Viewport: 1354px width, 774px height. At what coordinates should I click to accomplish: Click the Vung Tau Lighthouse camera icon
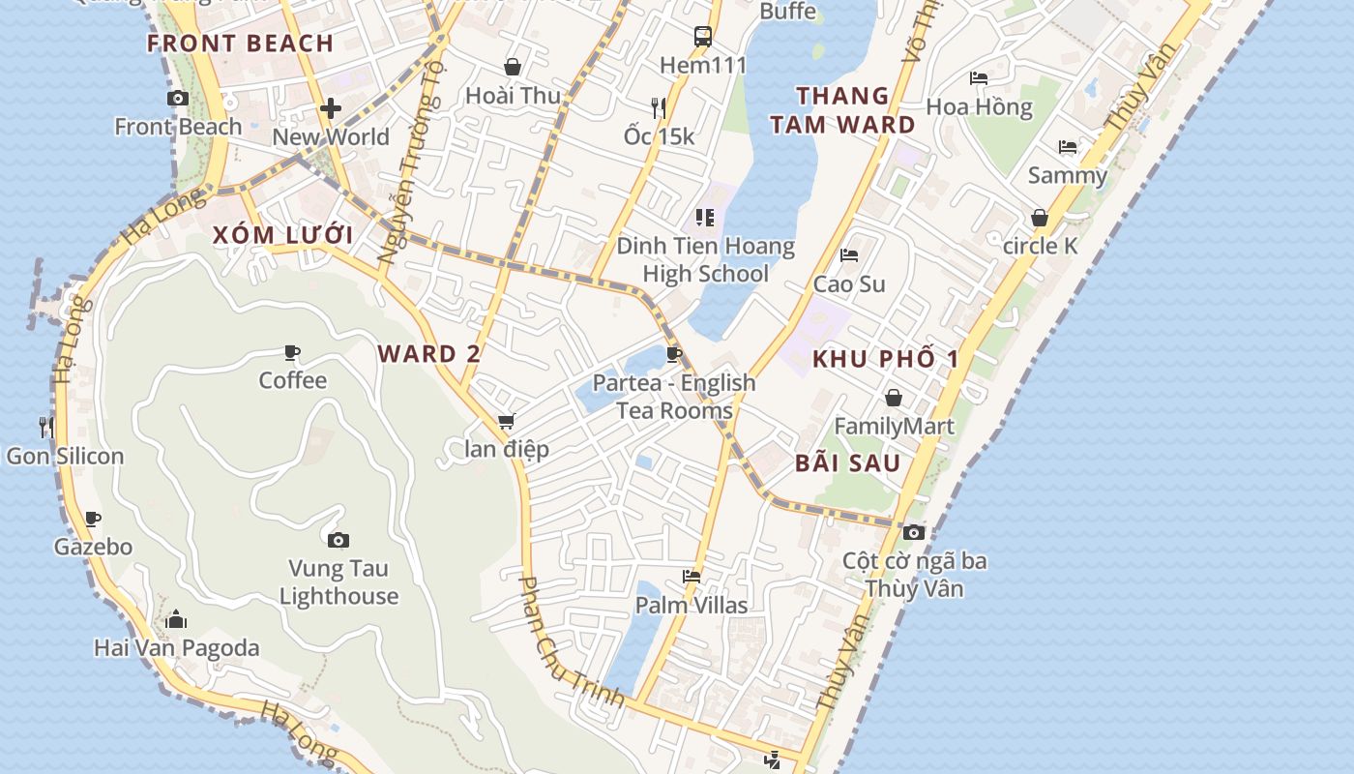(338, 540)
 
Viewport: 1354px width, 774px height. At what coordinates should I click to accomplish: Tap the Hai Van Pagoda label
(177, 647)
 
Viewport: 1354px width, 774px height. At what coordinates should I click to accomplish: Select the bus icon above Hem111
(703, 38)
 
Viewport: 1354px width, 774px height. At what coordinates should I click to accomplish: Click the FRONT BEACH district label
(241, 44)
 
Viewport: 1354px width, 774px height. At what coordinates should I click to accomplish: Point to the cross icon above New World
(331, 107)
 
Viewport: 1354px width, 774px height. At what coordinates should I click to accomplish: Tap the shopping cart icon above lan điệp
(506, 422)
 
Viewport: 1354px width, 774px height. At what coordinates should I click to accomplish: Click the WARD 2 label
(428, 354)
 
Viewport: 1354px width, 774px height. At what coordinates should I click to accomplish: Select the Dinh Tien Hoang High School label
(706, 260)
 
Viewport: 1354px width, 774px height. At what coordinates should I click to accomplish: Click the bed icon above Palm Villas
(692, 577)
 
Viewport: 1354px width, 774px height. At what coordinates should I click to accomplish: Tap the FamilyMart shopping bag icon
(894, 398)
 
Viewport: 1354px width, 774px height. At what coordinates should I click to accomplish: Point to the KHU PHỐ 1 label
(886, 360)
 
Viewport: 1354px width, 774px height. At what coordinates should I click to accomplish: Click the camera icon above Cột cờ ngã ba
(914, 532)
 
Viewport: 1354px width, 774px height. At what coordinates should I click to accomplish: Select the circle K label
(1040, 246)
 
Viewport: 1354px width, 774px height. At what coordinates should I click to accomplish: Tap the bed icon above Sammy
(1068, 147)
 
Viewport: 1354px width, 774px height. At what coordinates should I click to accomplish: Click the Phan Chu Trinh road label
(571, 642)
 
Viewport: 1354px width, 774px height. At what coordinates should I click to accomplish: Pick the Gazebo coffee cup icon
(93, 520)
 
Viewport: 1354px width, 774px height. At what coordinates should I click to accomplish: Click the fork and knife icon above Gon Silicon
(45, 427)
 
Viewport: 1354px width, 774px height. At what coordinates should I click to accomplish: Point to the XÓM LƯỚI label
(282, 235)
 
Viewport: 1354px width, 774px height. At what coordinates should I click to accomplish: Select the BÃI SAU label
(847, 463)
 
